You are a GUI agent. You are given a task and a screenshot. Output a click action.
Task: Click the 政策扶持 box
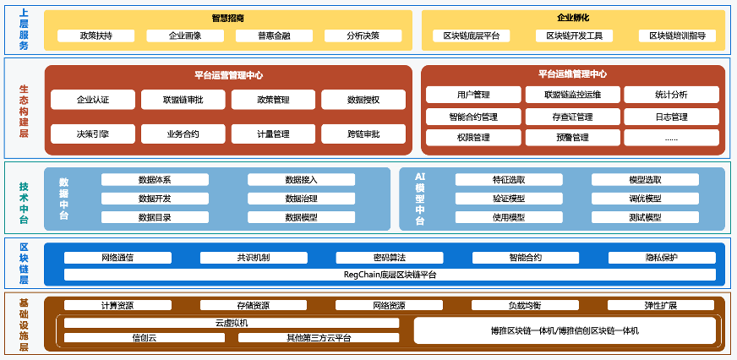[96, 35]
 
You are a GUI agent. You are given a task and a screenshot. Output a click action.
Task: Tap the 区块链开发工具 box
[574, 35]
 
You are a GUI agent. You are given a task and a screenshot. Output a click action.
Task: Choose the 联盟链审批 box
[183, 100]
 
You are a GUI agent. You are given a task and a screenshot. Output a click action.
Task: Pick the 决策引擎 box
[92, 134]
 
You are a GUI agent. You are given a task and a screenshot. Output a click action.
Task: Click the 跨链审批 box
[363, 134]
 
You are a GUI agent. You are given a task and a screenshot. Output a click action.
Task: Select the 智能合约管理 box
[473, 116]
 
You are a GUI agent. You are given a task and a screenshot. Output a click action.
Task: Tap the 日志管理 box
[671, 116]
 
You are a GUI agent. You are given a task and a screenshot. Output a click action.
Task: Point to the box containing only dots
[671, 137]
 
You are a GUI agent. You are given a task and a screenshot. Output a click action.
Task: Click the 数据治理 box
[301, 199]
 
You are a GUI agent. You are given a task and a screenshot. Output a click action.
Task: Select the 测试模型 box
[645, 217]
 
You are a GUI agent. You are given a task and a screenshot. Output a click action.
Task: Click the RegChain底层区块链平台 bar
[390, 275]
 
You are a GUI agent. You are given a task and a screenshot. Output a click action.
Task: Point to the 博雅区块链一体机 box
[564, 330]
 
